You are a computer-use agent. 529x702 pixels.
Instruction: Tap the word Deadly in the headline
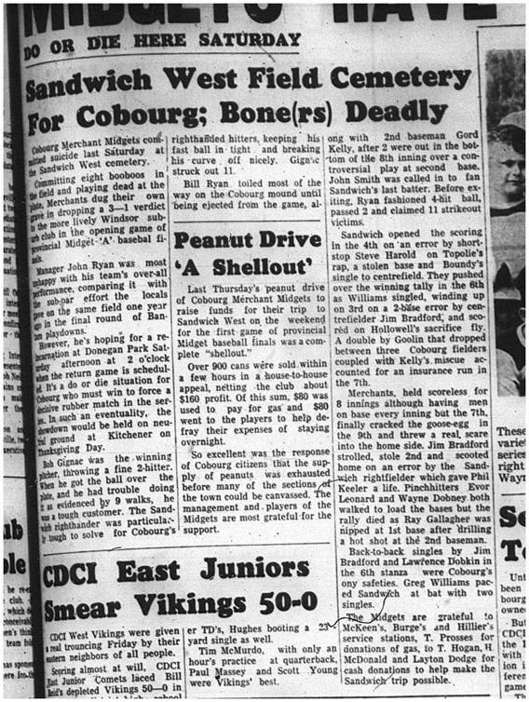pyautogui.click(x=420, y=115)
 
